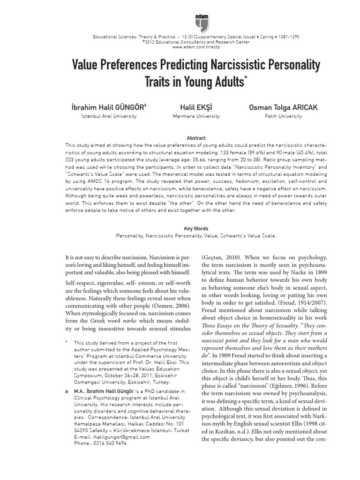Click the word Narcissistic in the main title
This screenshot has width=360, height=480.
(x=222, y=64)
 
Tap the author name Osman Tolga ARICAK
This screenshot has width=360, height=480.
(x=283, y=107)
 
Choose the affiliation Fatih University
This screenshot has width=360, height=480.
(x=283, y=116)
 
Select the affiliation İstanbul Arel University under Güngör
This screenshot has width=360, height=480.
(x=109, y=116)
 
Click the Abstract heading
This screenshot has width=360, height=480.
(x=196, y=138)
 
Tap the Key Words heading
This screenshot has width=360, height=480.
(x=196, y=229)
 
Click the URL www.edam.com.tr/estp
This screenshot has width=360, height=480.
(x=196, y=47)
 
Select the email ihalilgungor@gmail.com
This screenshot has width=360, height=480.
(x=112, y=437)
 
